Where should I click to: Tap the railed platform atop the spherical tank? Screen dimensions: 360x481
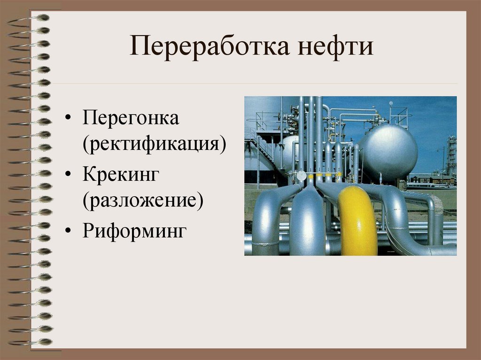point(398,115)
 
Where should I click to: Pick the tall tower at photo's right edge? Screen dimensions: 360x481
point(451,155)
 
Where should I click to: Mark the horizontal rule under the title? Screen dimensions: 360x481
point(254,84)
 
